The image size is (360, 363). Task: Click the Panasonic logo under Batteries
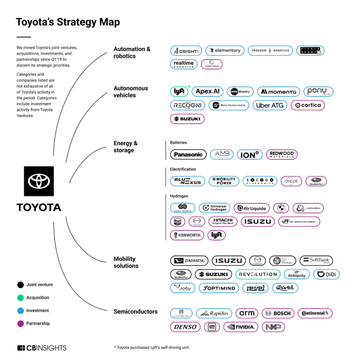[x=188, y=155]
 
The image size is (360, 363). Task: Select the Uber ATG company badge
[x=270, y=105]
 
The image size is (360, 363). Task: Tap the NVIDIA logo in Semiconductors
[x=240, y=327]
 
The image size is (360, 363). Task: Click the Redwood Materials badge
[x=282, y=155]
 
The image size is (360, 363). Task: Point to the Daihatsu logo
[x=189, y=261]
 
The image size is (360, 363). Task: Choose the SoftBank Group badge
[x=316, y=261]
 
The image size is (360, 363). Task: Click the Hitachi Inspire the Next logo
[x=223, y=222]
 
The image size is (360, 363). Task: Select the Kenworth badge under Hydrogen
[x=186, y=235]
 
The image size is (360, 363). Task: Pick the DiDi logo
[x=326, y=274]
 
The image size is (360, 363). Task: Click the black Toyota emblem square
[x=39, y=181]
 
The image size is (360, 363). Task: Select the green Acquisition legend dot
[x=20, y=297]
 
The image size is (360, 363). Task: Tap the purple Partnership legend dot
[x=20, y=324]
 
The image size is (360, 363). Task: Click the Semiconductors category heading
[x=135, y=311]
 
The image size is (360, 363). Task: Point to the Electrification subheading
[x=183, y=169]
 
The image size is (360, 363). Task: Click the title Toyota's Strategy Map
[x=67, y=22]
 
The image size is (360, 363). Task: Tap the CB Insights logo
[x=42, y=348]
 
